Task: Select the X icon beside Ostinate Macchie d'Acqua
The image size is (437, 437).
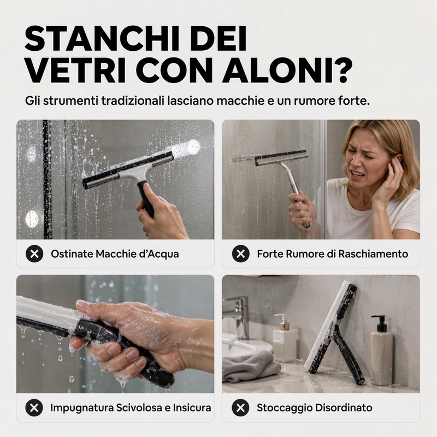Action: click(x=34, y=253)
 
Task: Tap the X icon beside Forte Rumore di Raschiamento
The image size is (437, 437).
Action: click(x=240, y=253)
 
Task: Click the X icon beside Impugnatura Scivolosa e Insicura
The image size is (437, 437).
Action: click(x=34, y=408)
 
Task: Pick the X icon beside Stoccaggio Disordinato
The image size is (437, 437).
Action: click(x=240, y=408)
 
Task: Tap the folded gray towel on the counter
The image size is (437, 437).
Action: click(x=251, y=365)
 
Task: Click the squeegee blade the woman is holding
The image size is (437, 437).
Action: click(x=281, y=157)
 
